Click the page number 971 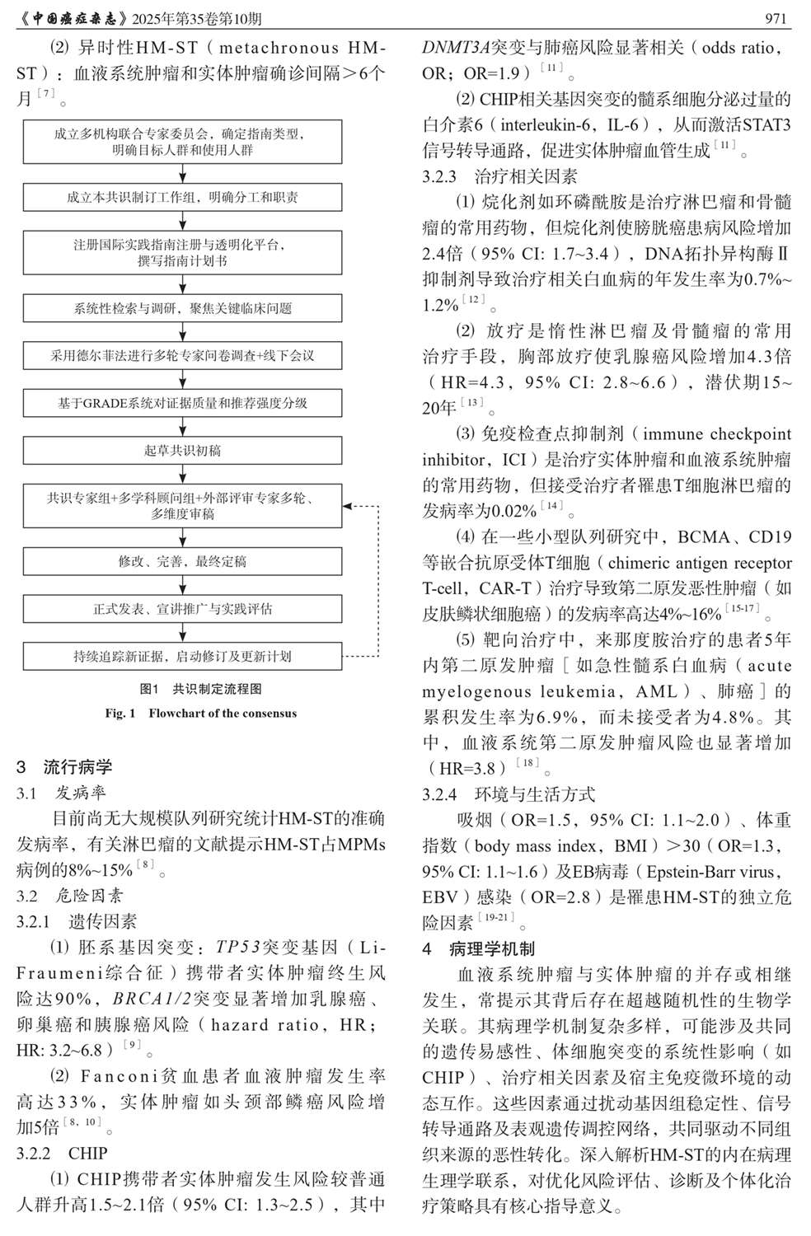[x=777, y=18]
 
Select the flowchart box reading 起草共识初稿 [x=182, y=451]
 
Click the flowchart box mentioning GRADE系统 [x=182, y=403]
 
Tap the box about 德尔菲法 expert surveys [x=182, y=356]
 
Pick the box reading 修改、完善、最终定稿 [x=182, y=562]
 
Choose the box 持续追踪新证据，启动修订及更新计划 [x=182, y=657]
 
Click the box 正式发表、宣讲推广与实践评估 [x=182, y=609]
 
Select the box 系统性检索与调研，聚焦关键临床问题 [x=182, y=308]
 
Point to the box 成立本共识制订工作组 [x=182, y=198]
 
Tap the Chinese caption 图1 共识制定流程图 [x=200, y=689]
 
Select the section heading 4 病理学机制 [x=479, y=948]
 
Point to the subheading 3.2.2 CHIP [x=62, y=1153]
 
